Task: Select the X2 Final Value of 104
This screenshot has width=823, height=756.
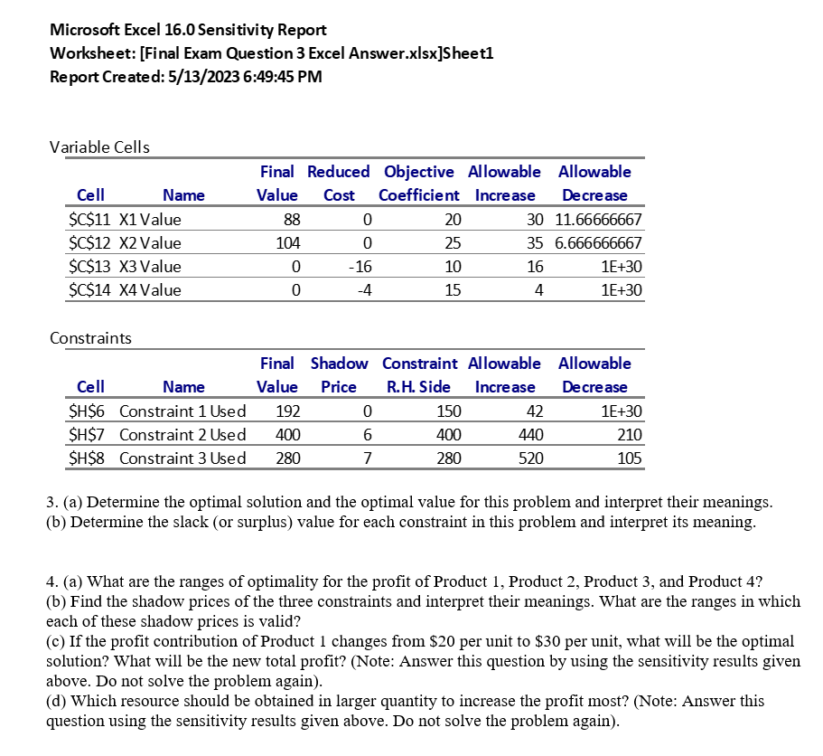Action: [x=287, y=243]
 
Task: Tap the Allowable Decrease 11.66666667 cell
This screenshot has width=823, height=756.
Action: [x=594, y=220]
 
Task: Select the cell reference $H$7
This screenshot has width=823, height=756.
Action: [x=89, y=435]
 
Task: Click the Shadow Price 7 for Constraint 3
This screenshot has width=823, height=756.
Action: [x=366, y=458]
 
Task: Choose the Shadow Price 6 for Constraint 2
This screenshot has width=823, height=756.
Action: [x=366, y=435]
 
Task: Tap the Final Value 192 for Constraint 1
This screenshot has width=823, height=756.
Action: [x=287, y=411]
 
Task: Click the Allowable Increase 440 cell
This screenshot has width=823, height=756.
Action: [x=531, y=435]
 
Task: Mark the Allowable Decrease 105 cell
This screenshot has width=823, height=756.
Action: [x=630, y=458]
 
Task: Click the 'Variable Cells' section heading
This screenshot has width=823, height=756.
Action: [x=99, y=146]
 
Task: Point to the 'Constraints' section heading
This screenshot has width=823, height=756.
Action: [x=90, y=338]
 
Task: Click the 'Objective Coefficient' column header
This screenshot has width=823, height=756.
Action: [x=419, y=183]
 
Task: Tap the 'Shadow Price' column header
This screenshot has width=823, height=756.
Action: [x=339, y=374]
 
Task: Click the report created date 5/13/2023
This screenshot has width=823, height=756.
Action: [x=192, y=76]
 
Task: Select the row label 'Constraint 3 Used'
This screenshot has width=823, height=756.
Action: [x=182, y=458]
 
